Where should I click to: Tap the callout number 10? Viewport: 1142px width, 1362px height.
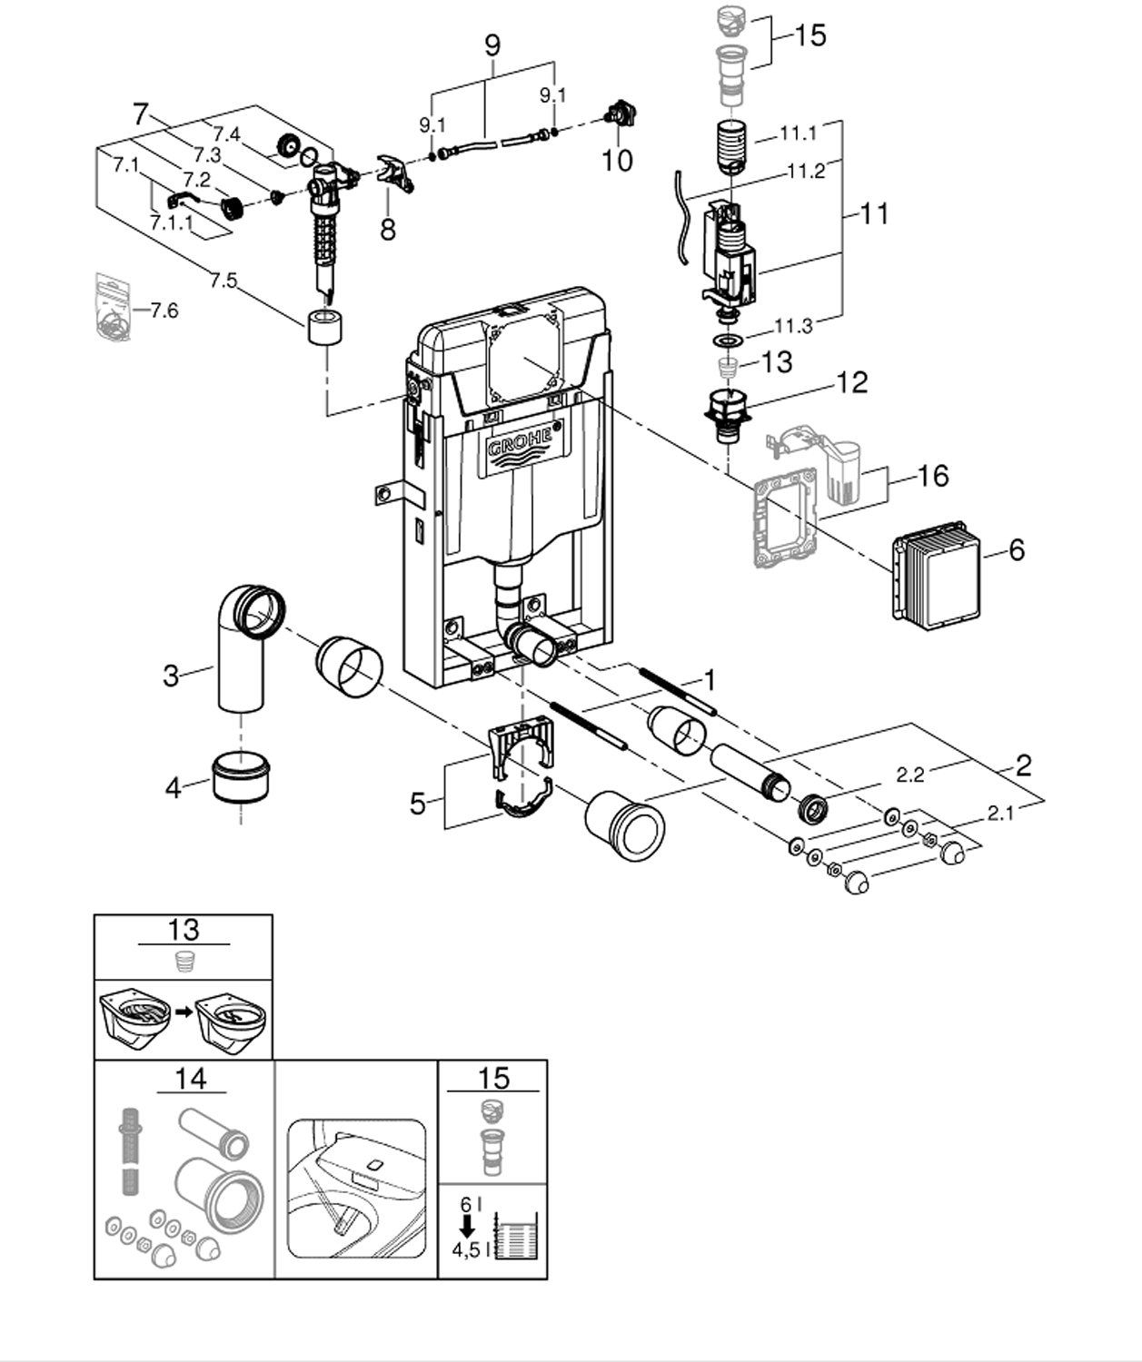[x=617, y=161]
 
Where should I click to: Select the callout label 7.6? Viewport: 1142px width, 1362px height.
[x=164, y=310]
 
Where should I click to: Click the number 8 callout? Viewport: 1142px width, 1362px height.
[x=388, y=230]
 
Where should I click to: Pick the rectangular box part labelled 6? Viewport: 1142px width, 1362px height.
[x=937, y=577]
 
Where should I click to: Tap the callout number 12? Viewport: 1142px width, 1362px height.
[x=851, y=383]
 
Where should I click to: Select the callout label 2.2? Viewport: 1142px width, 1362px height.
[x=910, y=775]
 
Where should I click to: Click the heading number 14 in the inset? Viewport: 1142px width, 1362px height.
[x=191, y=1079]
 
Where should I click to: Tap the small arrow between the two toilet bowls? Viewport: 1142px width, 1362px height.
[x=184, y=1012]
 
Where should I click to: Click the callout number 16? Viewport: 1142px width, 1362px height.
[x=932, y=476]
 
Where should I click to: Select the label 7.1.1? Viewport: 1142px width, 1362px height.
[x=172, y=223]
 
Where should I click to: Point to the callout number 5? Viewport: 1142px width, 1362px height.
[x=418, y=804]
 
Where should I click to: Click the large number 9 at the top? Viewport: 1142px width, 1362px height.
[x=492, y=45]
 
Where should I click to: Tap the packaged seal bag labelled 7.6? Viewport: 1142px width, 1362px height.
[x=113, y=307]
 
